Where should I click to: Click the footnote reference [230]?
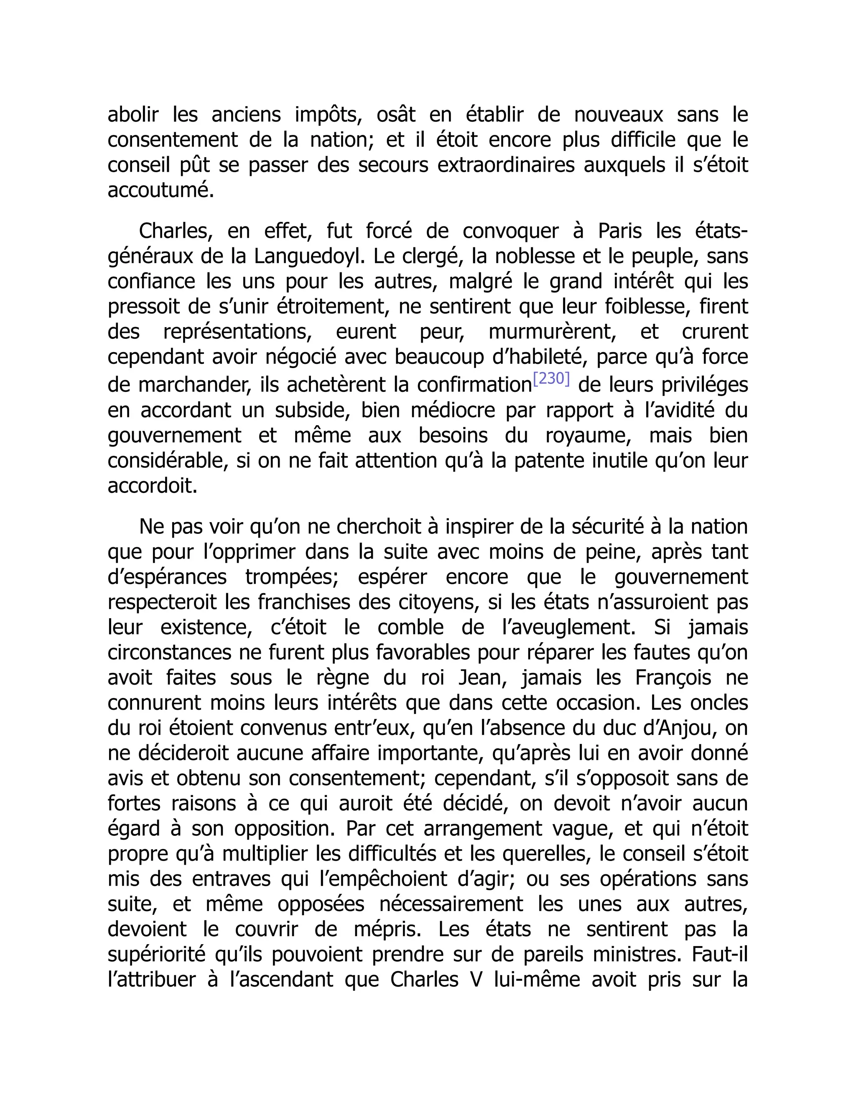tap(552, 379)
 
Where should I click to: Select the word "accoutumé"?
tap(160, 190)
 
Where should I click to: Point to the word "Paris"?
tap(620, 231)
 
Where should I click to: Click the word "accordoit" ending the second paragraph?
tap(152, 486)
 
